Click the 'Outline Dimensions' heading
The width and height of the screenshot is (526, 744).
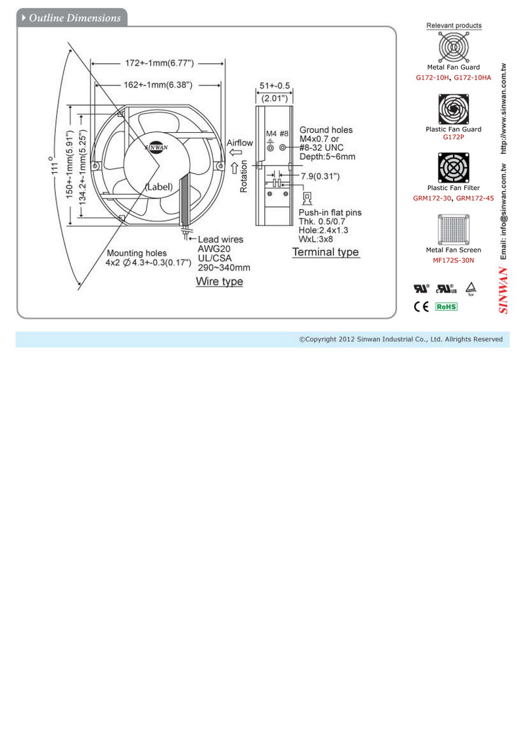75,18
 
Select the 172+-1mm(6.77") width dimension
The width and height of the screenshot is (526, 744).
160,63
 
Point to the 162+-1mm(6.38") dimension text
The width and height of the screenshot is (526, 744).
158,85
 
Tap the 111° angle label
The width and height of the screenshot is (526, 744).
55,165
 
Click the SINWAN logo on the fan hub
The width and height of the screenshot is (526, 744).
156,147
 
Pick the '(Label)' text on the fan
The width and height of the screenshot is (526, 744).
158,187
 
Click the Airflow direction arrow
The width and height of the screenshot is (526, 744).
235,152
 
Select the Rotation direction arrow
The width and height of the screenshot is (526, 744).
235,168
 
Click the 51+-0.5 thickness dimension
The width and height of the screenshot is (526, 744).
274,86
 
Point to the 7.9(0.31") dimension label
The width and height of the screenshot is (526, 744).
320,177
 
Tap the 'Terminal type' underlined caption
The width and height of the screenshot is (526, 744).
325,252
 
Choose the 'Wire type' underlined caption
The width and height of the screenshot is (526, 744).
220,281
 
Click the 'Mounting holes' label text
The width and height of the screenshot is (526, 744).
137,254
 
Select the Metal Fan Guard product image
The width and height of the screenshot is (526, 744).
454,47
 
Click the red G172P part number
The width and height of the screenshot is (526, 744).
454,137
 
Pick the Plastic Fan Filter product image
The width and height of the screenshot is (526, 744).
454,168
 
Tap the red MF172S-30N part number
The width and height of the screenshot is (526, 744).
454,260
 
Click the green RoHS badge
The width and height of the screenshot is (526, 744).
446,307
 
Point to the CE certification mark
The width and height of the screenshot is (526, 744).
421,306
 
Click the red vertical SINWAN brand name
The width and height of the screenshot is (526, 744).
503,291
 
